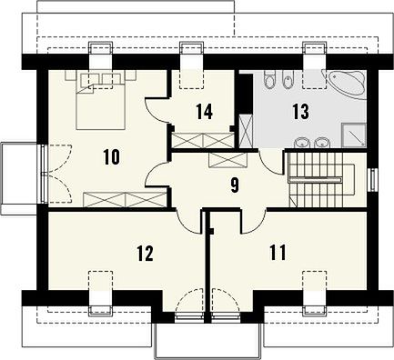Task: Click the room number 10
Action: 111,157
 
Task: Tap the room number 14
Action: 204,111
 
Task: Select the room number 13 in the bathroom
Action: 300,111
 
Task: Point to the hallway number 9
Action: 234,185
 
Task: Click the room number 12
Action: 145,254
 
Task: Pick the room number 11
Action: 278,253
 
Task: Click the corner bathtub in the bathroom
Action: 347,83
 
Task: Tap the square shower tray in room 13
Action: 354,135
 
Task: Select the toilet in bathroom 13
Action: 268,79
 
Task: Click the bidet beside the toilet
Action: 286,79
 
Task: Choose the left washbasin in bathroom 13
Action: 301,142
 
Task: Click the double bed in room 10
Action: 101,101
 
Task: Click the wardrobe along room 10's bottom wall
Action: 125,199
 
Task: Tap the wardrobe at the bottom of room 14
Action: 202,140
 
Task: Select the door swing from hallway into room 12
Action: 188,223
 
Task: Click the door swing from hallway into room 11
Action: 254,222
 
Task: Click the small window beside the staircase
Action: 373,180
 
